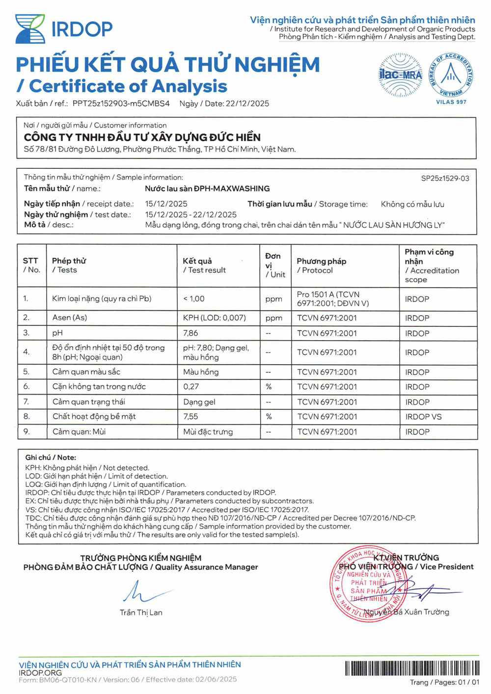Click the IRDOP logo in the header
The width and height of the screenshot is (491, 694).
(x=64, y=29)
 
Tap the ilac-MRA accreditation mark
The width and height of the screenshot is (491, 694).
(x=400, y=75)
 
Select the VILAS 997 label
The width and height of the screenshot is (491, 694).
(x=451, y=102)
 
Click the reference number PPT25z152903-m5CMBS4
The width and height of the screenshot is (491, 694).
(x=121, y=104)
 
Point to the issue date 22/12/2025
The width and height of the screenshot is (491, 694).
(x=247, y=104)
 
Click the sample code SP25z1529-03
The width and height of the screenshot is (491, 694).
(x=445, y=178)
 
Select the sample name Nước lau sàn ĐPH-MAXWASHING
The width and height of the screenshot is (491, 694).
(x=207, y=188)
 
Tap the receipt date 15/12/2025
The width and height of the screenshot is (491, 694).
(x=166, y=204)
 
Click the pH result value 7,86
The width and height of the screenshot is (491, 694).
(x=191, y=333)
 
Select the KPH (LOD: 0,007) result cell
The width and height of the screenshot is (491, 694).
(x=214, y=318)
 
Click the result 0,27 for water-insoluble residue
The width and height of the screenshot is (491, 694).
(x=191, y=387)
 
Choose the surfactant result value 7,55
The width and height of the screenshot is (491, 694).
(x=191, y=416)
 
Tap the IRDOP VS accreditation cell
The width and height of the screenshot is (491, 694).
(x=423, y=417)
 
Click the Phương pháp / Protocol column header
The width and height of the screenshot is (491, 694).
(x=321, y=266)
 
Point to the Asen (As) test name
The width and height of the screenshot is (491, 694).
(x=70, y=318)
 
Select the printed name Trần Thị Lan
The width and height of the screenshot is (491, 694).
(x=141, y=613)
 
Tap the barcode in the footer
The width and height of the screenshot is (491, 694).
(x=412, y=668)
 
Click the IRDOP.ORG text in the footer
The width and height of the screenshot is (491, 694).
(x=40, y=672)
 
